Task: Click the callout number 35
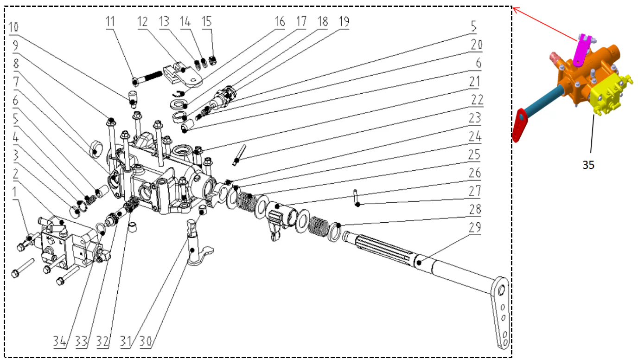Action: coord(588,165)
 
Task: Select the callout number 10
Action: coord(14,27)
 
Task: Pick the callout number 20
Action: coord(476,45)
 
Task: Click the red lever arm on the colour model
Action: coord(522,123)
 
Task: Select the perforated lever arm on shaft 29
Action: coord(501,311)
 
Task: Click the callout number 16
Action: coord(279,22)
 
